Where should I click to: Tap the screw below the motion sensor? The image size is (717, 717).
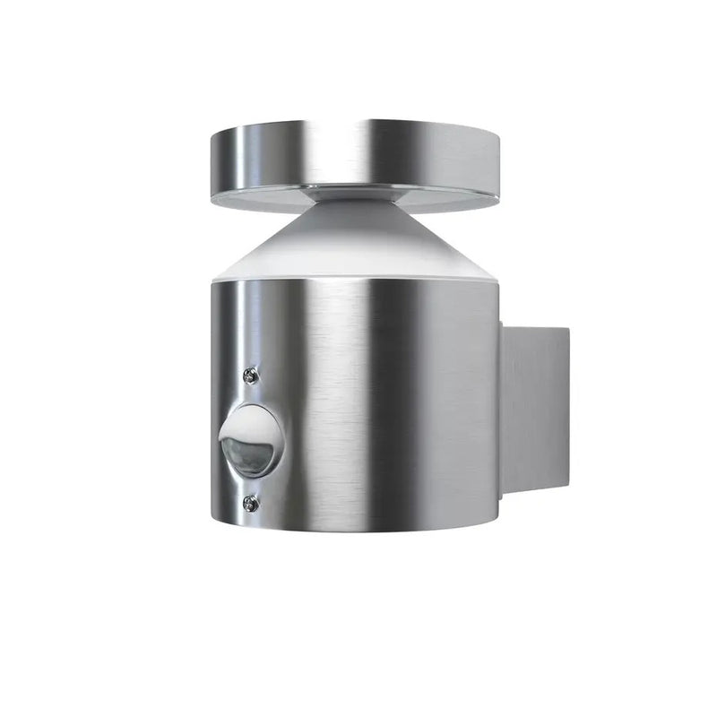click(x=250, y=504)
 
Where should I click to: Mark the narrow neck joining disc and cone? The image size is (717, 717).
click(x=353, y=190)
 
